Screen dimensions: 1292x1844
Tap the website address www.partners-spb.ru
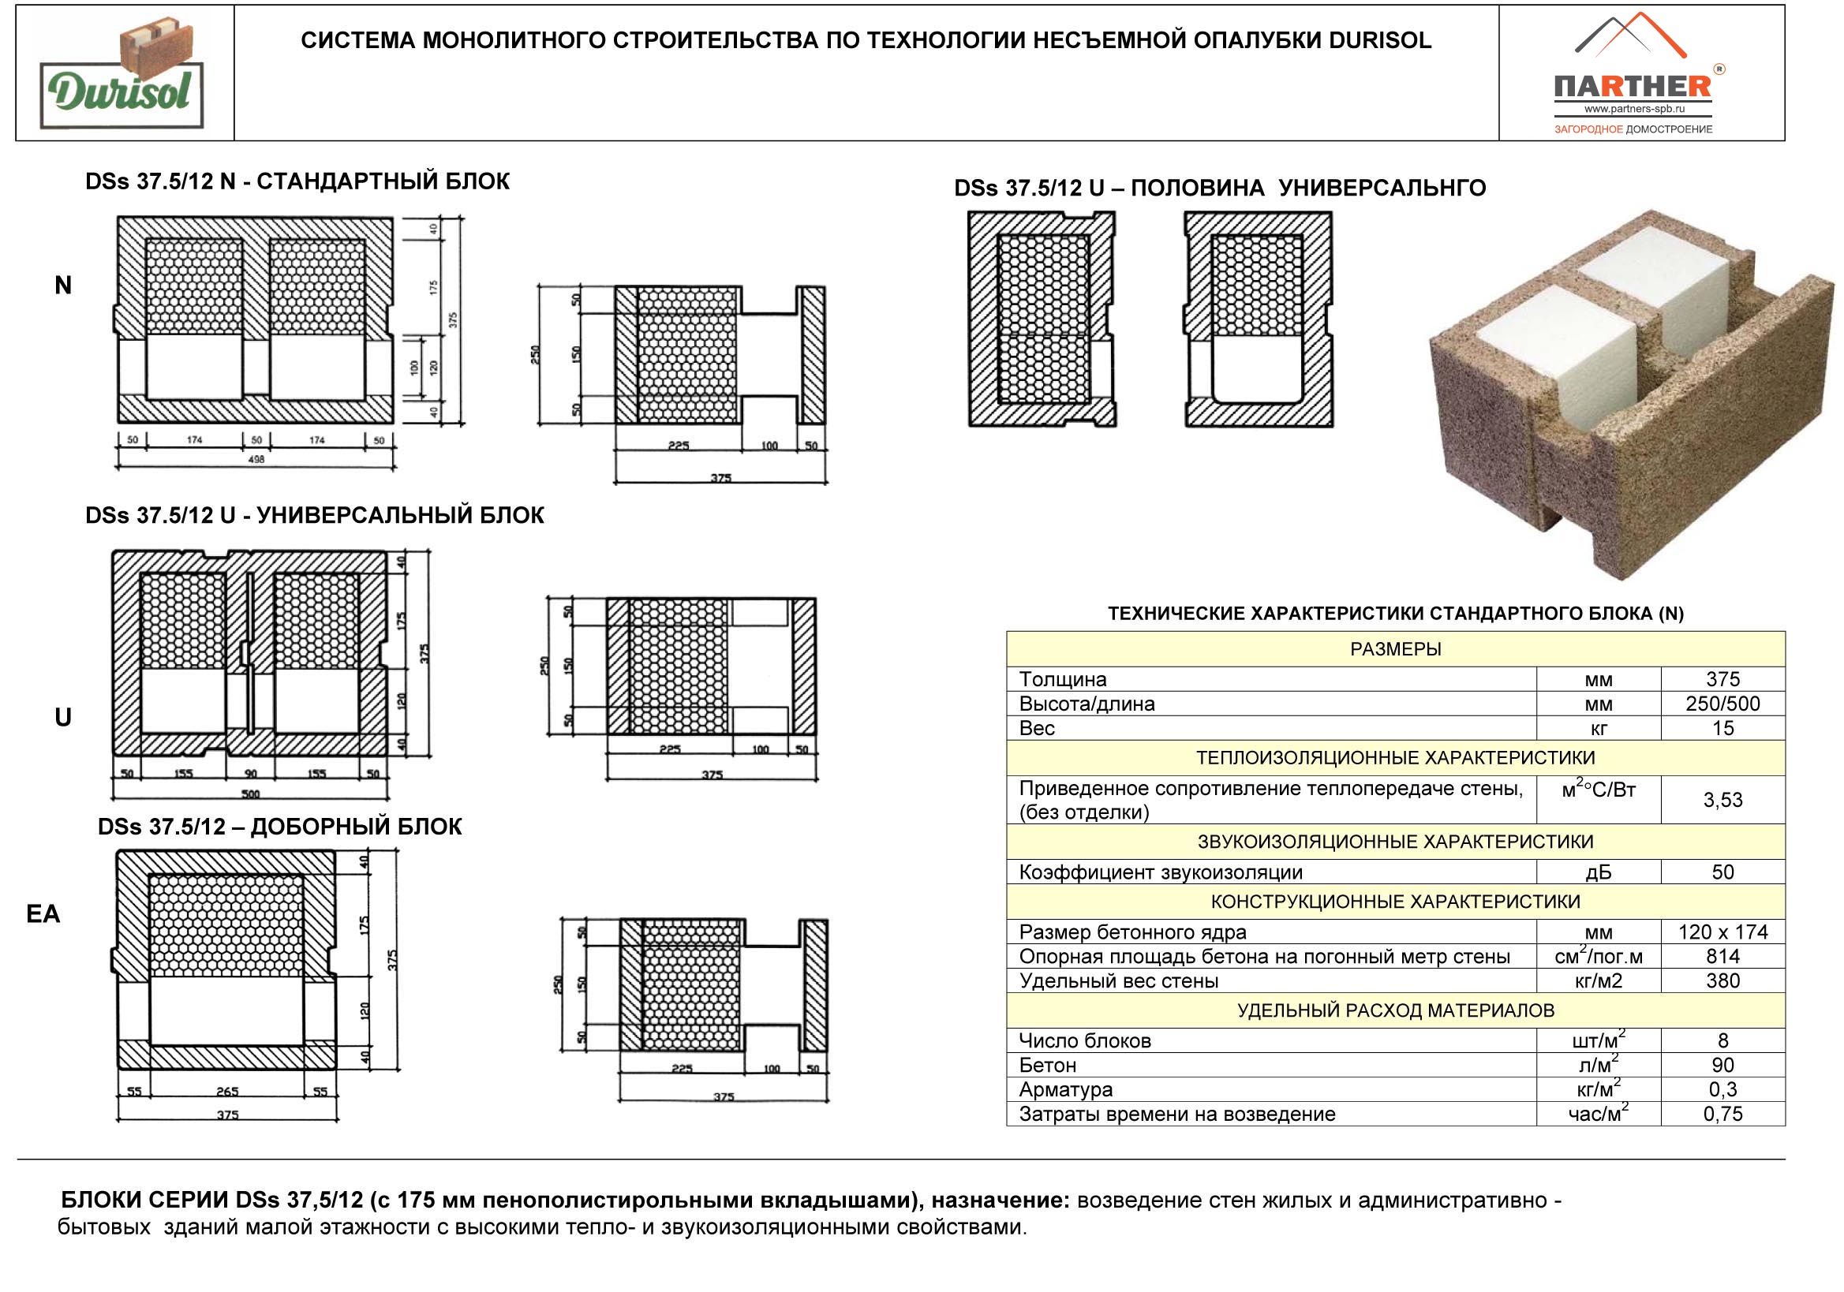pos(1634,109)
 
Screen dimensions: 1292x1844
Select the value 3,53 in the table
pos(1722,800)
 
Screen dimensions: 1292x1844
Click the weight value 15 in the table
pos(1722,728)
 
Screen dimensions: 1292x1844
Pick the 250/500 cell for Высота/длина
pos(1722,704)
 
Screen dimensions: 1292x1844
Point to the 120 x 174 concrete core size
pos(1722,932)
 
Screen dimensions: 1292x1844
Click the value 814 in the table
pos(1722,956)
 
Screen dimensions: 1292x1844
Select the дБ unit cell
pos(1598,873)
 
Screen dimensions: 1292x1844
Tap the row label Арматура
pos(1065,1089)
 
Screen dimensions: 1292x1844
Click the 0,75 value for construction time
pos(1722,1114)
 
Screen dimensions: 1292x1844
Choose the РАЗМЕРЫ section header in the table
pos(1395,649)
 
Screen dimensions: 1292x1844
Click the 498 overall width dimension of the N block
pos(256,459)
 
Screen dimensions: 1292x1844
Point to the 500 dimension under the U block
pos(251,794)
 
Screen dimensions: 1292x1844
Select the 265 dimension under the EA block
pos(227,1091)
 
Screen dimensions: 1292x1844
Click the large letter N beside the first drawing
pos(62,285)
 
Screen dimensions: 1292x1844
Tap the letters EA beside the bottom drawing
pos(43,914)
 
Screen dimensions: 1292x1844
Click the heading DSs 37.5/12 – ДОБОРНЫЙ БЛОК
pos(279,827)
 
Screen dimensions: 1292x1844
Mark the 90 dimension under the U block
pos(251,774)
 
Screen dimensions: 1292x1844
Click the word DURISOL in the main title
pos(1379,41)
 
